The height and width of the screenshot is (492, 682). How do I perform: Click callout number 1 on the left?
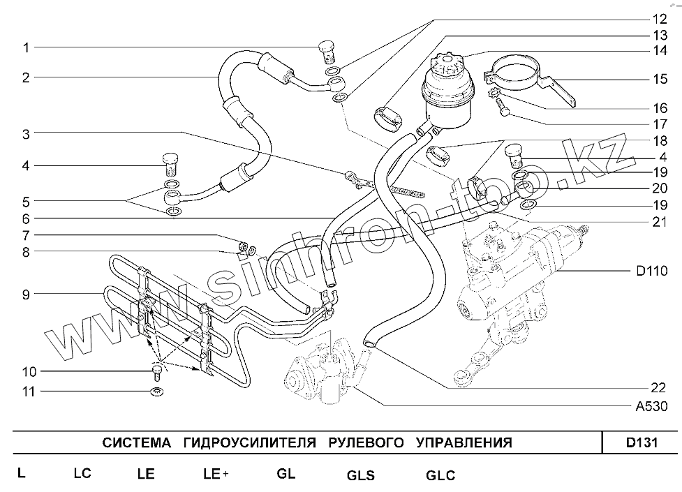(26, 47)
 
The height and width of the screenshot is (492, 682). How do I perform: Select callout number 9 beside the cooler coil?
(26, 295)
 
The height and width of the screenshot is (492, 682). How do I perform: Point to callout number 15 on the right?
(659, 80)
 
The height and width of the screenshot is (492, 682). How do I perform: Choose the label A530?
(655, 407)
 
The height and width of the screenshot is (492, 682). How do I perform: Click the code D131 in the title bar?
(641, 442)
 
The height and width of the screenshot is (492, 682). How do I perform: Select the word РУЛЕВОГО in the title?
(366, 442)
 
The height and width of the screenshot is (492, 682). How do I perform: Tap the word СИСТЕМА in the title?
(136, 442)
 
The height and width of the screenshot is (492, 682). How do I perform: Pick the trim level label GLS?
(360, 476)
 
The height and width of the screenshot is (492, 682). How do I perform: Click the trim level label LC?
(82, 473)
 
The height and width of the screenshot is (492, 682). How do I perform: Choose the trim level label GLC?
(440, 476)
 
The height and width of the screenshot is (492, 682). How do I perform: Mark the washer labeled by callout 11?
(158, 391)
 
